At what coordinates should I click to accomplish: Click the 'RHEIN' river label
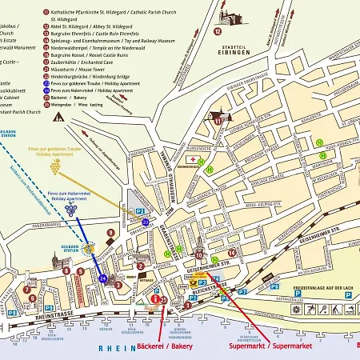point(113,349)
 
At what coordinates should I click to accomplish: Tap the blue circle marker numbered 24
point(102,278)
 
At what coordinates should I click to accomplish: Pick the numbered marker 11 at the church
point(217,119)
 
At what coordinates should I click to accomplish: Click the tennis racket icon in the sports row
point(313,307)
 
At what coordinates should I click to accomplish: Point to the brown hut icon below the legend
point(58,116)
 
